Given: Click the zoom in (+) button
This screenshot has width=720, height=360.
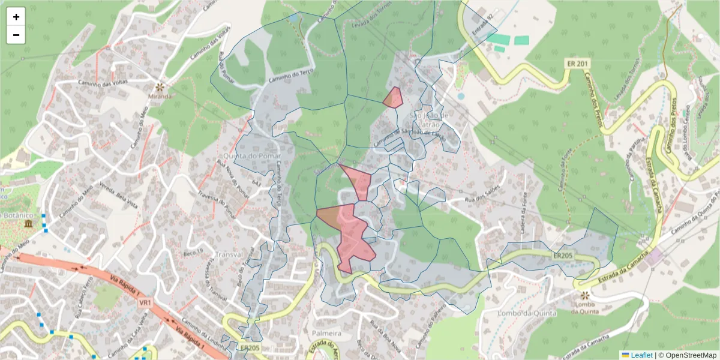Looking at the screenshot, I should (x=16, y=17).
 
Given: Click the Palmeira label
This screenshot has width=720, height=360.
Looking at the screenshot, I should (x=326, y=333).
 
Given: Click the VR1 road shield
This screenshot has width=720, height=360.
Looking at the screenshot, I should (x=145, y=303).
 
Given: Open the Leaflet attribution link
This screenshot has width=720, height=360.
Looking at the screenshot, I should (x=641, y=355).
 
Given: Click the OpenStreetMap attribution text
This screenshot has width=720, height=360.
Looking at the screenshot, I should (x=691, y=355).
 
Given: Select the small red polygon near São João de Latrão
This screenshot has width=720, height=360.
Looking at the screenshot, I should (x=393, y=97).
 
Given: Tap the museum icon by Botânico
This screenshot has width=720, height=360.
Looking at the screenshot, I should (x=29, y=224).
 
